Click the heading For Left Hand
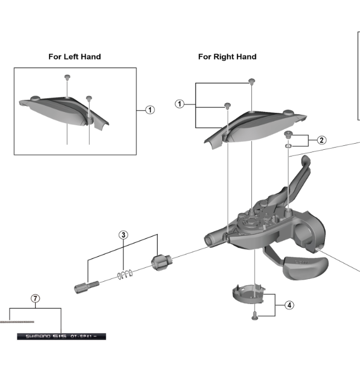pos(75,57)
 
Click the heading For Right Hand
pos(227,57)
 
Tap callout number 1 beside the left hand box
pos(149,110)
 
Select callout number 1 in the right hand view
pos(179,104)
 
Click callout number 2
pos(322,140)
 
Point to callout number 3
pos(124,235)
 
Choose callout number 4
pos(289,305)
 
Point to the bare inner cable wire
pos(17,322)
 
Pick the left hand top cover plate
pos(61,109)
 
